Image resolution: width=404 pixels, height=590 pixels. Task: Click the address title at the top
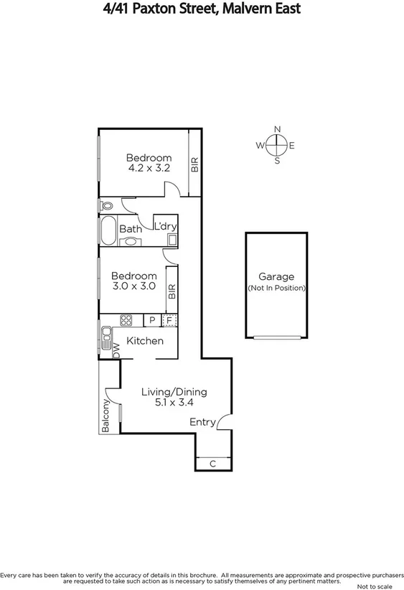pyautogui.click(x=202, y=9)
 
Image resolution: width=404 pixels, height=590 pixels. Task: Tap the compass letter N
pyautogui.click(x=277, y=130)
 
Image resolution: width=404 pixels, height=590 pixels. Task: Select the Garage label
pyautogui.click(x=276, y=276)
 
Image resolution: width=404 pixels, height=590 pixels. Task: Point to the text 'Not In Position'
pyautogui.click(x=276, y=288)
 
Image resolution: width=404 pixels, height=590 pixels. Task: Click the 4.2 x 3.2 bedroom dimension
pyautogui.click(x=149, y=169)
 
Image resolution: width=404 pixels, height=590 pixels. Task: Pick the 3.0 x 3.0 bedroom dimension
pyautogui.click(x=133, y=286)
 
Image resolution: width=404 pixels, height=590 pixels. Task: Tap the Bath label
pyautogui.click(x=131, y=229)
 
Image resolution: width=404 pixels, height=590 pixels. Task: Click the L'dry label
pyautogui.click(x=165, y=226)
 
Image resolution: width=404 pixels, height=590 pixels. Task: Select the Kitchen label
pyautogui.click(x=145, y=341)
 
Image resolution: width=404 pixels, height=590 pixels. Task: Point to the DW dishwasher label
pyautogui.click(x=116, y=350)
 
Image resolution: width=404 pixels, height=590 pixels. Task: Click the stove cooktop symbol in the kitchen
pyautogui.click(x=126, y=320)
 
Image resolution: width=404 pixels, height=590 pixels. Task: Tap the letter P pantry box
pyautogui.click(x=152, y=320)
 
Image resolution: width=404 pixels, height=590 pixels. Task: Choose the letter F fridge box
pyautogui.click(x=169, y=320)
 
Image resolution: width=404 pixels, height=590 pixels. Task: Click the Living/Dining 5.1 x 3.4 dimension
pyautogui.click(x=174, y=403)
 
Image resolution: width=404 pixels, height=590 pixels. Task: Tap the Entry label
pyautogui.click(x=202, y=422)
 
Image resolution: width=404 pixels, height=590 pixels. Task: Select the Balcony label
pyautogui.click(x=105, y=417)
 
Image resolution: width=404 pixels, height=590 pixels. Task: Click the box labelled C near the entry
pyautogui.click(x=213, y=464)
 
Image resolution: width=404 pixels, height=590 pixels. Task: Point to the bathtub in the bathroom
pyautogui.click(x=108, y=229)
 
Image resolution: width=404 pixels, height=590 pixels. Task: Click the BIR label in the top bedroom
pyautogui.click(x=194, y=164)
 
